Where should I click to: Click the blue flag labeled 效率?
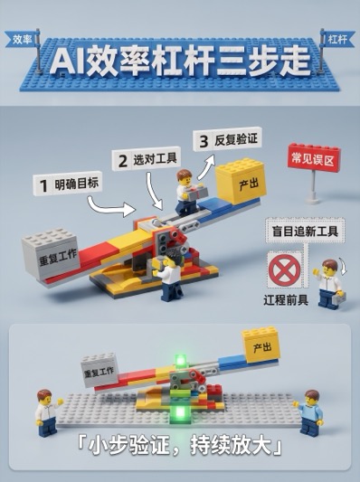coord(22,39)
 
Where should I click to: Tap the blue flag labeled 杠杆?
coord(337,39)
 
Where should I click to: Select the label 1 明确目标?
coord(68,184)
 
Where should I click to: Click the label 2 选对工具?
coord(146,159)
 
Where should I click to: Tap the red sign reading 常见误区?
coord(313,159)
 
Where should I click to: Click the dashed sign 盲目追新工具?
coord(306,231)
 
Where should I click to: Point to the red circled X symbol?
coord(285,269)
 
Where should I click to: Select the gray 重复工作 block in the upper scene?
coord(51,253)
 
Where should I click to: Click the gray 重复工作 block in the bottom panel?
coord(99,369)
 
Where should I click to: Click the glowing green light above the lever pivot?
coord(181,360)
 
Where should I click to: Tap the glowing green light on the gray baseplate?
coord(181,412)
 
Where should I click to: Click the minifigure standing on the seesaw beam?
coord(188,192)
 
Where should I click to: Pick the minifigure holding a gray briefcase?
coord(329,284)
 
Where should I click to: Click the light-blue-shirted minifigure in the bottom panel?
coord(310,411)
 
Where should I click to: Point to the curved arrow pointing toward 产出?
coord(206,167)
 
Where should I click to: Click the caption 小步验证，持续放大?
coord(179,445)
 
